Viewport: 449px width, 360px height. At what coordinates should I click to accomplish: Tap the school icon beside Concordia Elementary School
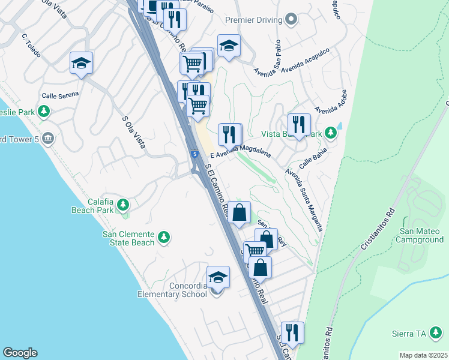point(218,278)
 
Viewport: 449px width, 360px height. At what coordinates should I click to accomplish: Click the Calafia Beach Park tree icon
point(123,206)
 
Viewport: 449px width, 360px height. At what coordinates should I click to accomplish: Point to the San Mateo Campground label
point(421,235)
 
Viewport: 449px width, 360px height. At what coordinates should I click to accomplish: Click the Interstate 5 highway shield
point(196,154)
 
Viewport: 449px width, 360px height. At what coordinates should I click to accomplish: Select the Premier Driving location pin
point(291,20)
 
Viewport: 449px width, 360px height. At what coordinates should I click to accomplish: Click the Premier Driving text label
point(253,20)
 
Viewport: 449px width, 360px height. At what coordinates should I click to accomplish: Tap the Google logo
point(19,353)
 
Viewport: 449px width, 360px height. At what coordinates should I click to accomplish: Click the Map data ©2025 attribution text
point(423,355)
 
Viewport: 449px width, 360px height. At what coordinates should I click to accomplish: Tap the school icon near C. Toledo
point(82,64)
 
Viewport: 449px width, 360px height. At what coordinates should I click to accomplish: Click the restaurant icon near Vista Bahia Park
point(299,125)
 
